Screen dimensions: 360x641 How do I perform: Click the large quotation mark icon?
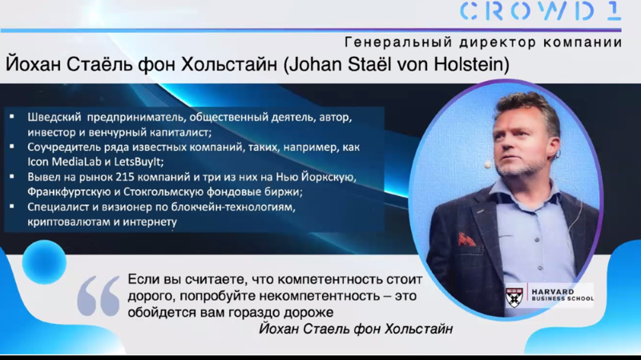(99, 297)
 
